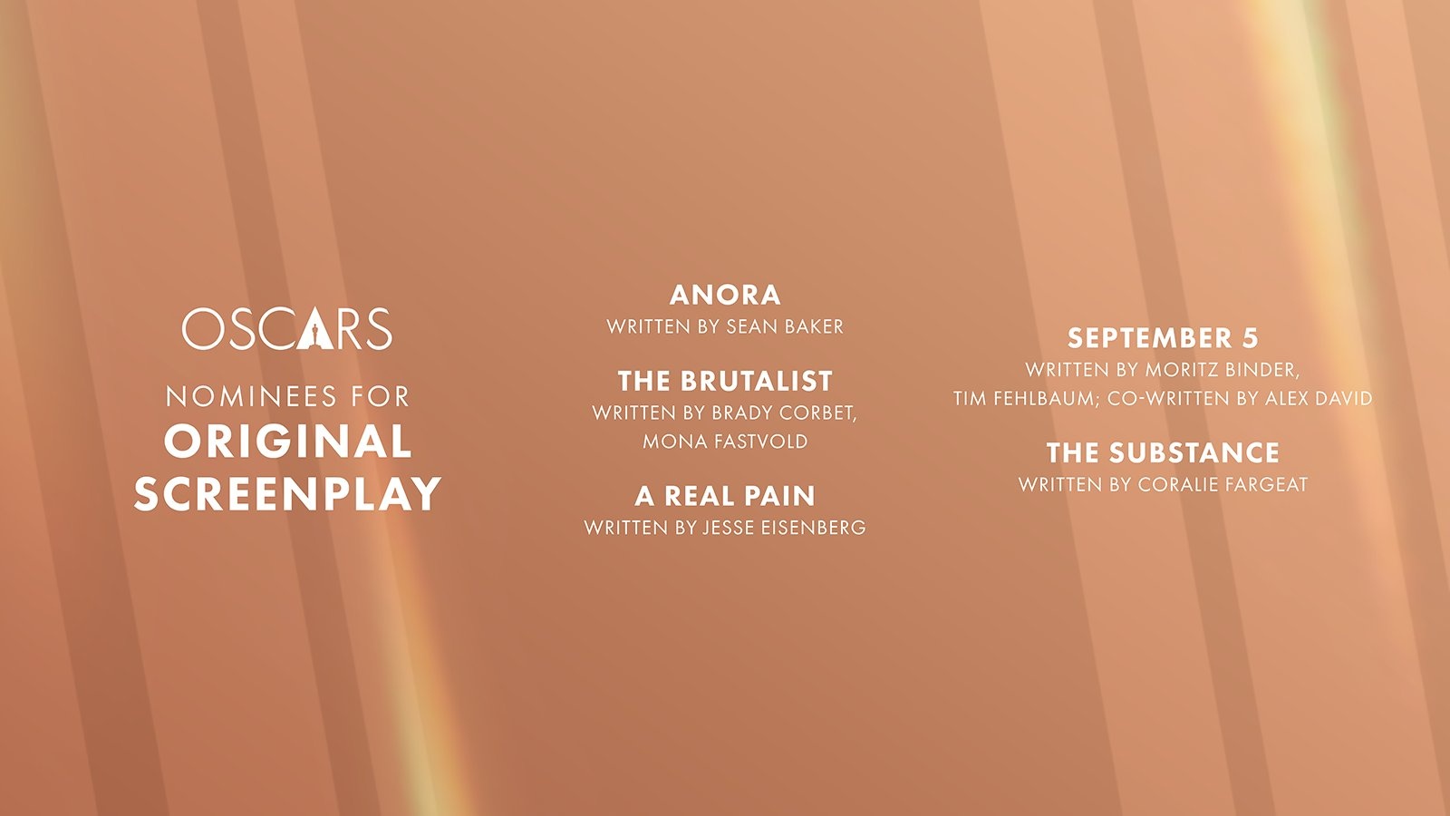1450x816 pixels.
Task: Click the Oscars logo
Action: [x=286, y=328]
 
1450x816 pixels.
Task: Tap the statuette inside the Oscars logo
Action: [x=312, y=334]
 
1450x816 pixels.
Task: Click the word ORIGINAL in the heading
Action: [x=288, y=442]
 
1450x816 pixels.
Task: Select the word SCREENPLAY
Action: [x=287, y=494]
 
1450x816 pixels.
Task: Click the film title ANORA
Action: [x=725, y=296]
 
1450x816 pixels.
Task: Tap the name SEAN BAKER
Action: [x=785, y=326]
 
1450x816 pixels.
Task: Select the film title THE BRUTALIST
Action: [x=725, y=381]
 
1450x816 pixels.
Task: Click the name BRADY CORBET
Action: [x=784, y=413]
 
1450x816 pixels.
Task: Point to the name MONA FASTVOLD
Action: [x=725, y=442]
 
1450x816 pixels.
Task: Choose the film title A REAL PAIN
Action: [x=725, y=496]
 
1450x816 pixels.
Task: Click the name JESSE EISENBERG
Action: [x=785, y=528]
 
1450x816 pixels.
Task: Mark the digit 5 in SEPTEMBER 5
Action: [x=1251, y=338]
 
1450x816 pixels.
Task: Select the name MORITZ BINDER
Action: [x=1223, y=370]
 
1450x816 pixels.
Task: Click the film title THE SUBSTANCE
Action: [x=1164, y=452]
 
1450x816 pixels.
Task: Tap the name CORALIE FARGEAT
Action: [x=1223, y=484]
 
